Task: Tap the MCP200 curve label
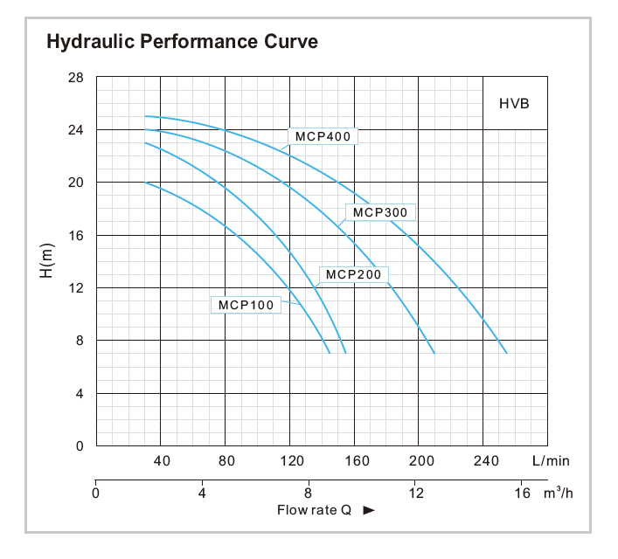354,274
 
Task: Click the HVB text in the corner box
514,103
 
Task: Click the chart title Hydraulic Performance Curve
182,41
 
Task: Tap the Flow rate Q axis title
314,510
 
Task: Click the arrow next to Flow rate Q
368,510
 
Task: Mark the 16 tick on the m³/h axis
522,493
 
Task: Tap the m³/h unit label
558,493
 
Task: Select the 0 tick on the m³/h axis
95,493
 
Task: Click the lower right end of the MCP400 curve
506,353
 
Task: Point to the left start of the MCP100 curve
145,183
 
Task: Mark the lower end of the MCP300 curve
434,353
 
